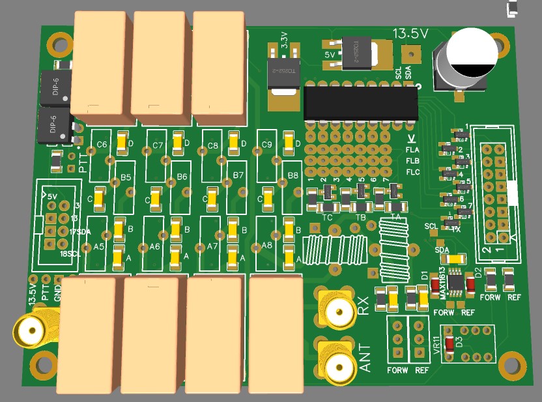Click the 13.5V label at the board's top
pos(410,33)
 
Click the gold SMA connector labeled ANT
pos(337,366)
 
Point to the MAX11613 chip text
pos(442,283)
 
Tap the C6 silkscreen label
pos(102,145)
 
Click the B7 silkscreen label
pos(238,176)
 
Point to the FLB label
pos(412,160)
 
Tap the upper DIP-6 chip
pos(55,89)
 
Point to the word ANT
pos(365,358)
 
